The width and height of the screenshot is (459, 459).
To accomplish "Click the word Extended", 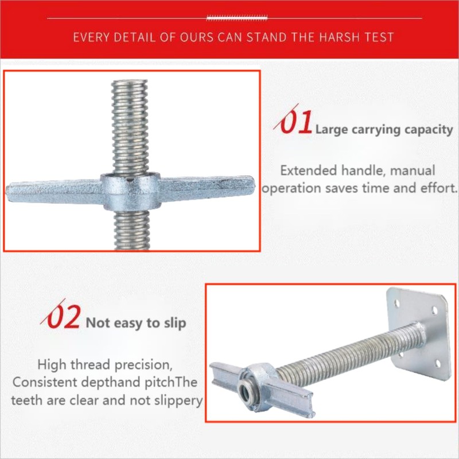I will [305, 171].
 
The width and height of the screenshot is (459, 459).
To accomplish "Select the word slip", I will [174, 324].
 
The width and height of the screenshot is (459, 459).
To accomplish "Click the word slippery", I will [177, 400].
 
